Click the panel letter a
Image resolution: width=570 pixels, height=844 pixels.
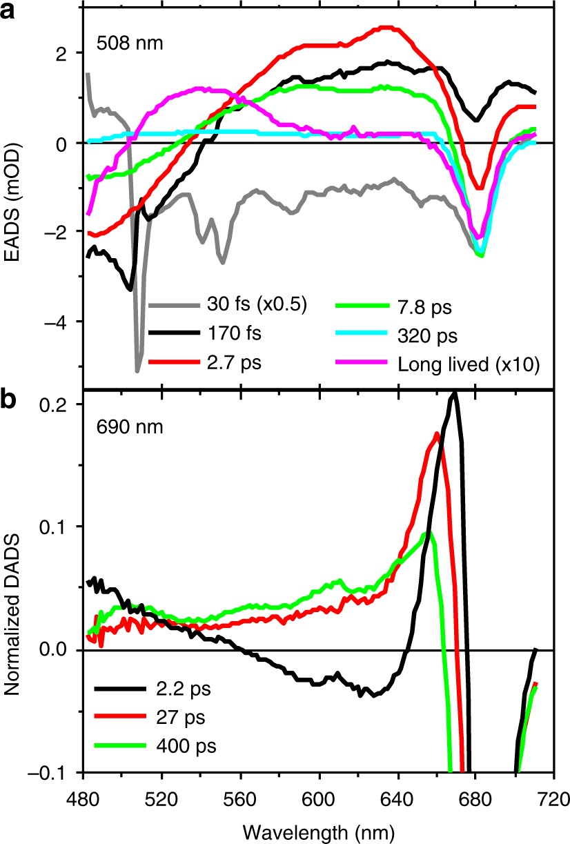tap(10, 10)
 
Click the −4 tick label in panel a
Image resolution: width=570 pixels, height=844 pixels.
tap(63, 322)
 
